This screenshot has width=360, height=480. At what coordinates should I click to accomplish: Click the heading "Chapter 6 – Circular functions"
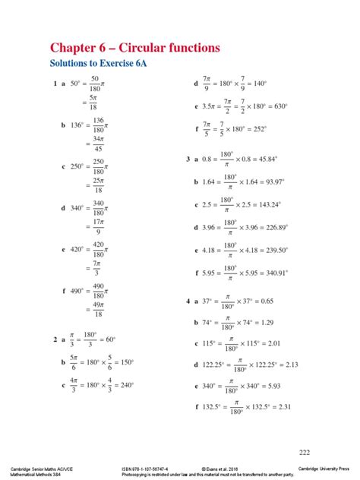[x=134, y=48]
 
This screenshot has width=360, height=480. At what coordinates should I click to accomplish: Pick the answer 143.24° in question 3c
[x=268, y=204]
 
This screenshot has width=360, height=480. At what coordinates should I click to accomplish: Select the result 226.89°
[x=273, y=226]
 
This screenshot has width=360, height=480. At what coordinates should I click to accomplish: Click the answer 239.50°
[x=273, y=249]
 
